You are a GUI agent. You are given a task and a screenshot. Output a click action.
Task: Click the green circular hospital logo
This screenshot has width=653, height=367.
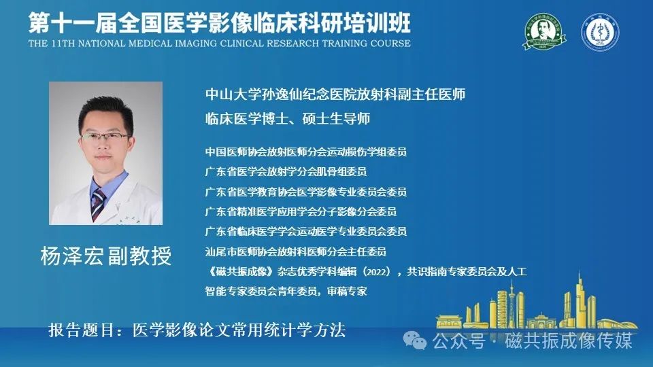coord(544,32)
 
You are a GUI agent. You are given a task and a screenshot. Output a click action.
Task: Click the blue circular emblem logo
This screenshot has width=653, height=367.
coord(600,32)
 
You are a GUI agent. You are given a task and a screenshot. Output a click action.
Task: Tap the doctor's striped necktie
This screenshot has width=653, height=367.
coord(98,204)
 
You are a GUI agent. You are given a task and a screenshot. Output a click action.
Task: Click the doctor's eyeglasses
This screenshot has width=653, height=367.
coord(105,137)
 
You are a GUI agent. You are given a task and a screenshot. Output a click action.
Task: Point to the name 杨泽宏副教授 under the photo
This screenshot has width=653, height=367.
coord(106,256)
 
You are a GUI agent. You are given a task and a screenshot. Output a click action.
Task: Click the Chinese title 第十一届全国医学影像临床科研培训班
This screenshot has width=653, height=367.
coord(220,22)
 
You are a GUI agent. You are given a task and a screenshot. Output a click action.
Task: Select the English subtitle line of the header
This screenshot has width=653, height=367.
coord(220,43)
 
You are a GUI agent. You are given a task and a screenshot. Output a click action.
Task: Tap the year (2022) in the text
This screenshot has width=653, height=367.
coord(377,272)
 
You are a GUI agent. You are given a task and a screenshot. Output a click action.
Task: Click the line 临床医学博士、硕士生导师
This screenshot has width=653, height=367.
coord(288,119)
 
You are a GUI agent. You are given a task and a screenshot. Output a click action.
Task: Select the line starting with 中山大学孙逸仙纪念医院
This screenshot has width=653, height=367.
coord(335,94)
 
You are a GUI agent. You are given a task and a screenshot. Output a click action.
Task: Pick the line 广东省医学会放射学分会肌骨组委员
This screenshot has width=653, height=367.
coord(286,172)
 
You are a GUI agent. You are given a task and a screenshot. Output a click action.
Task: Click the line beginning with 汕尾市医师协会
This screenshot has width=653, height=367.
coord(296,251)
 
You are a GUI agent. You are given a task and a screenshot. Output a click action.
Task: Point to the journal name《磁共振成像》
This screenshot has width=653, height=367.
coord(241,272)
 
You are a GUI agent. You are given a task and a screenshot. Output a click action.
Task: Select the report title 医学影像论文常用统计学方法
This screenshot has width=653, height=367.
coord(239,330)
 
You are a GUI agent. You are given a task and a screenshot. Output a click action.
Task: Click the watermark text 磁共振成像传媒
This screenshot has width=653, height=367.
coord(569,341)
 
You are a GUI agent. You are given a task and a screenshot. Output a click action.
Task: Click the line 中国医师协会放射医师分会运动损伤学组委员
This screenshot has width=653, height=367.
coord(305,152)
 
